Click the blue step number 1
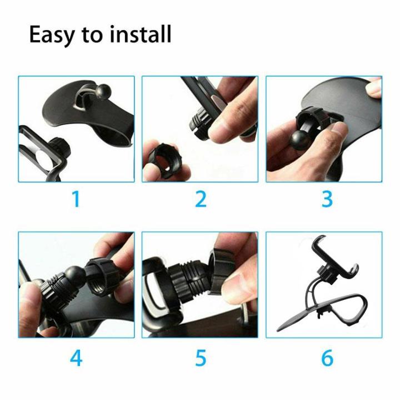pyautogui.click(x=76, y=199)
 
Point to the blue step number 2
pyautogui.click(x=201, y=199)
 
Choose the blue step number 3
pyautogui.click(x=327, y=199)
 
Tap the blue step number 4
pyautogui.click(x=76, y=358)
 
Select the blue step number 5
pyautogui.click(x=201, y=358)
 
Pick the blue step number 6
pyautogui.click(x=327, y=358)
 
